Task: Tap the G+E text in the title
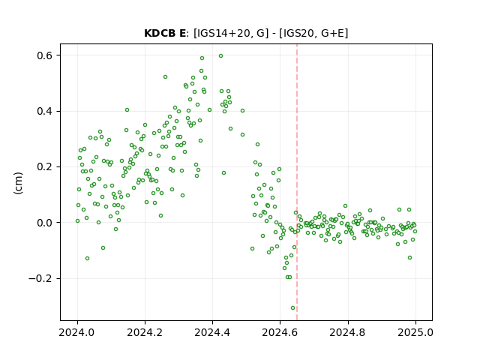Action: tap(332, 33)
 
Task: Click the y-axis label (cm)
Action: tap(18, 183)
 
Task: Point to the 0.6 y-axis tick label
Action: tap(45, 55)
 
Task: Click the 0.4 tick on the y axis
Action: tap(45, 111)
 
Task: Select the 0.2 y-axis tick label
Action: tap(45, 166)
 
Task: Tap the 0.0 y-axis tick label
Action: tap(45, 223)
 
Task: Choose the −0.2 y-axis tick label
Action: tap(40, 278)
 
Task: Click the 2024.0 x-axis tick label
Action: tap(77, 332)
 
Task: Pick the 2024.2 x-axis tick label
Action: tap(145, 332)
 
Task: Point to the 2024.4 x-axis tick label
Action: tap(212, 332)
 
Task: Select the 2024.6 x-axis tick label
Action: tap(280, 332)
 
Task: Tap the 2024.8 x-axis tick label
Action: tap(347, 332)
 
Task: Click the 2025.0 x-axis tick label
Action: tap(415, 332)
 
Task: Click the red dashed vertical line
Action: tap(297, 182)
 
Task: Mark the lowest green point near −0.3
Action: tap(292, 308)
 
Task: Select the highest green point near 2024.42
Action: tap(220, 56)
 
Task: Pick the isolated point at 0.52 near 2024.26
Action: tap(165, 76)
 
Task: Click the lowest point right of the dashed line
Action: tap(409, 258)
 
